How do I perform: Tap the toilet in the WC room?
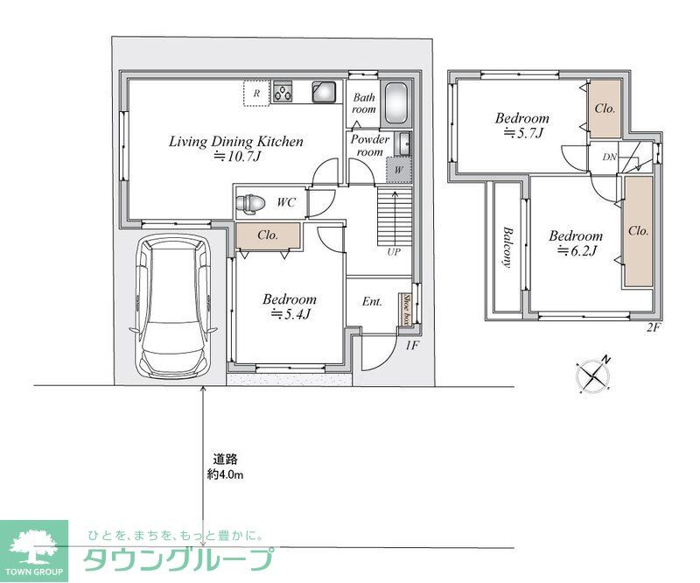(x=250, y=203)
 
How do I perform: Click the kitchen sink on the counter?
(x=324, y=92)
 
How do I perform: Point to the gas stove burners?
(x=283, y=92)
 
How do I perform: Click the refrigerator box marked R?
(x=255, y=93)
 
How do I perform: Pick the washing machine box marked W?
(x=398, y=168)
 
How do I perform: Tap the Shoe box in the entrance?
(x=406, y=310)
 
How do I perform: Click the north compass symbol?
(x=596, y=375)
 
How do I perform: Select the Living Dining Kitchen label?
(x=236, y=141)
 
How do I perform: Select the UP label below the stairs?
(x=393, y=251)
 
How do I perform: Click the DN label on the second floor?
(x=609, y=158)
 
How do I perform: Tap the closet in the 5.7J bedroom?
(x=605, y=109)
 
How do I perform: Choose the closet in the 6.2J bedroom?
(x=638, y=231)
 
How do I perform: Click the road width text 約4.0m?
(x=225, y=474)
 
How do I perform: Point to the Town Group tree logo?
(x=33, y=547)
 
